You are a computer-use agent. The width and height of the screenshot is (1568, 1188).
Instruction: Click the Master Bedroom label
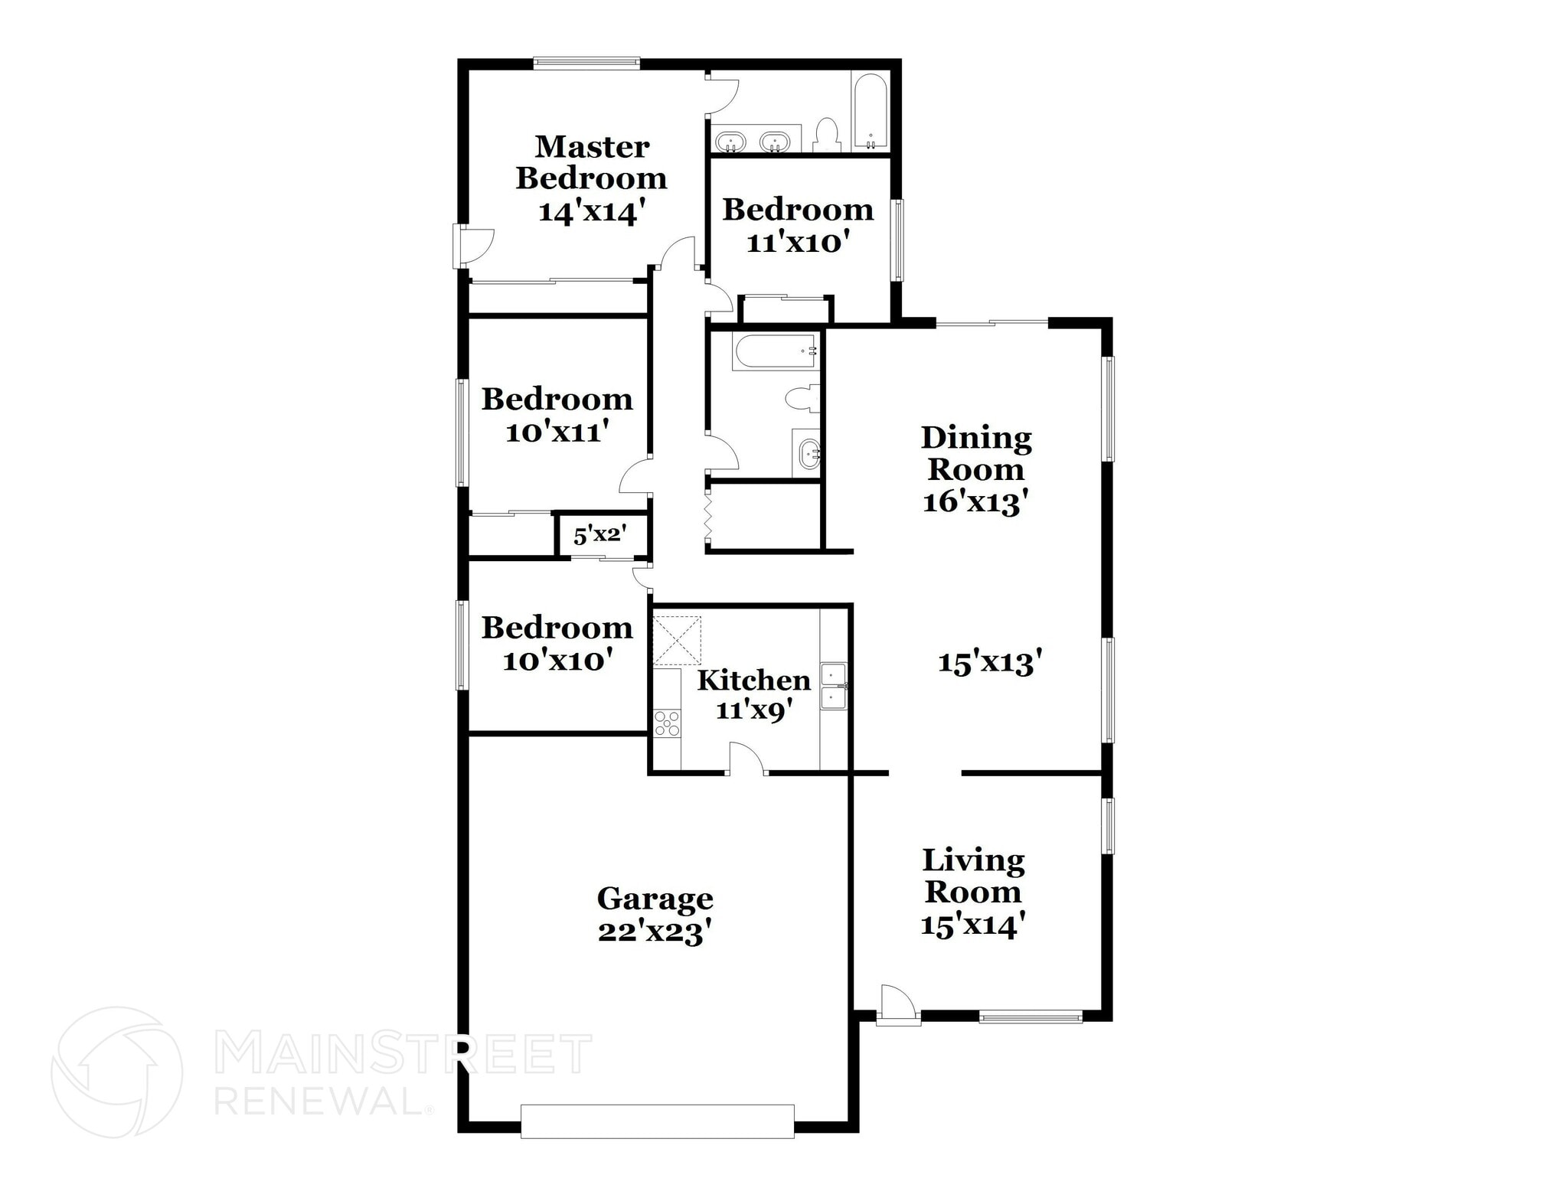tap(591, 162)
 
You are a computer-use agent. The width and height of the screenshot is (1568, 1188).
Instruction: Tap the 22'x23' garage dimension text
tap(655, 932)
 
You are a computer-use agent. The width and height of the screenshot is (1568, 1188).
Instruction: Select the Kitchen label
tap(753, 680)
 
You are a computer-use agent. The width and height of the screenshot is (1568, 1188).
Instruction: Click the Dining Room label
tap(976, 453)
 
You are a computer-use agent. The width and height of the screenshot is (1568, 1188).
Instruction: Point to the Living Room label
tap(973, 876)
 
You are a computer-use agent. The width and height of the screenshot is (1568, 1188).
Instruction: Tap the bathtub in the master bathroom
tap(871, 112)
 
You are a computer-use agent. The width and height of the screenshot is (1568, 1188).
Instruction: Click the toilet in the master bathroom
tap(826, 135)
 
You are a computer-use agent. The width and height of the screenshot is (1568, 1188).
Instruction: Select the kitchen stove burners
tap(667, 723)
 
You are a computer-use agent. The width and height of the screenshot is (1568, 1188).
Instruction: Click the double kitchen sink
tap(833, 687)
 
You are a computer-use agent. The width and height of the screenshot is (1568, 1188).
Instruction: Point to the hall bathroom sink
tap(808, 454)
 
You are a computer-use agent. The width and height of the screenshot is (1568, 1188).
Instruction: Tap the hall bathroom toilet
tap(802, 399)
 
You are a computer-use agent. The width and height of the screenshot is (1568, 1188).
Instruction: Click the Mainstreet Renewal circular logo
tap(116, 1072)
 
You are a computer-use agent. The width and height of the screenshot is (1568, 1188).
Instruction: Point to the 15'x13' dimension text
tap(990, 662)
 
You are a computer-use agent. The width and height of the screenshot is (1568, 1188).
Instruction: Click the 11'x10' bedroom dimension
tap(798, 243)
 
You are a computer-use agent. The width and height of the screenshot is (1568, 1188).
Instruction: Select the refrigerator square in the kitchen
tap(676, 640)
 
